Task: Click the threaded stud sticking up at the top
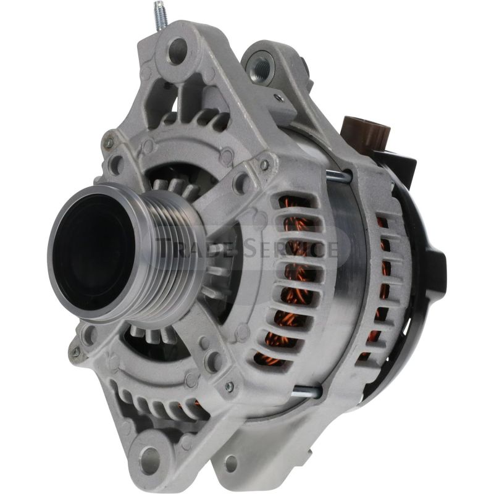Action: pyautogui.click(x=160, y=16)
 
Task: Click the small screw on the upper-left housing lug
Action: pyautogui.click(x=109, y=143)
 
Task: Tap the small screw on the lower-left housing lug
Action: pyautogui.click(x=75, y=352)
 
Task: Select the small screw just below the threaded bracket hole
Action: pyautogui.click(x=279, y=97)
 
